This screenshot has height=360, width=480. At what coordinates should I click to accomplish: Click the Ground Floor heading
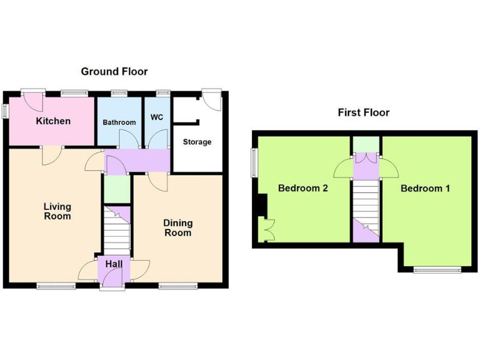coord(114,72)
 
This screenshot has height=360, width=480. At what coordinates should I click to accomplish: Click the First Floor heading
coord(363,112)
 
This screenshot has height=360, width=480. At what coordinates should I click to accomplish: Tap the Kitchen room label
coord(53,121)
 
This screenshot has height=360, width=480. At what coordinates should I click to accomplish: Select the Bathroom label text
coord(119,122)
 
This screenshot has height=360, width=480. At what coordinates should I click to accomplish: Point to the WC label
coord(156,117)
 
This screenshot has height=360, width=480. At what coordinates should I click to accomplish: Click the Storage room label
coord(197,142)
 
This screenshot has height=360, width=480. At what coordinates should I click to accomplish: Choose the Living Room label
coord(57,211)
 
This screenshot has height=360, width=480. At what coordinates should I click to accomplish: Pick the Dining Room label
coord(177,227)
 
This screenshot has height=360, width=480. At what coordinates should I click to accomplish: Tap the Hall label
coord(114,264)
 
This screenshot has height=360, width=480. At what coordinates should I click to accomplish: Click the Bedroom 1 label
coord(425,188)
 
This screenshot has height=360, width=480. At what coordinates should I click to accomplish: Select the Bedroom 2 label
coord(303,188)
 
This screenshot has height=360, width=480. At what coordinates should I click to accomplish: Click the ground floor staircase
coord(116,234)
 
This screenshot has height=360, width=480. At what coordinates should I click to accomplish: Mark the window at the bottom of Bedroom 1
coord(437,270)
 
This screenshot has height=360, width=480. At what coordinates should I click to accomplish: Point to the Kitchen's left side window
coord(4,111)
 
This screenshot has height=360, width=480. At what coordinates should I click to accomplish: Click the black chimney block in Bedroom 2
coord(263,204)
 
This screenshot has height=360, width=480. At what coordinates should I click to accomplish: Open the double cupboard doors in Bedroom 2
coord(267,229)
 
